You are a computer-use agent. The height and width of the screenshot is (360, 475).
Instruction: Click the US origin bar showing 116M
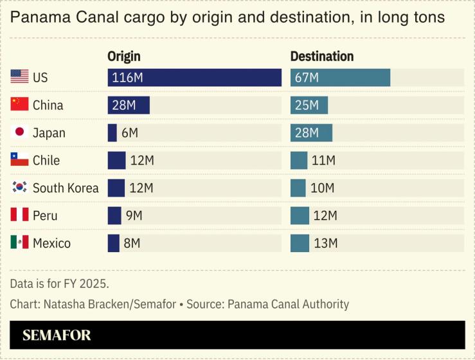194,78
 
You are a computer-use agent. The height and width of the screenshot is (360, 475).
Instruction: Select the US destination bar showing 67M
340,78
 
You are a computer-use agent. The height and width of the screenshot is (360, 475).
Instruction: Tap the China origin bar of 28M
129,105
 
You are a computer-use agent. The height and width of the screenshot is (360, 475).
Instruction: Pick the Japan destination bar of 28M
311,133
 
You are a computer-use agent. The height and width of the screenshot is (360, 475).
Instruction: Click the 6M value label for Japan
130,133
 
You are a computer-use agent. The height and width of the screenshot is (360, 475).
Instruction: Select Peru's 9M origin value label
134,216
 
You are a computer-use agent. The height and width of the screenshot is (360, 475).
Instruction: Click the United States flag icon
20,77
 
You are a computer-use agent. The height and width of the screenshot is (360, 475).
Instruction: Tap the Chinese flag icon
20,105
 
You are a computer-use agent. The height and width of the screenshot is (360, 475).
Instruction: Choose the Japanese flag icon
20,132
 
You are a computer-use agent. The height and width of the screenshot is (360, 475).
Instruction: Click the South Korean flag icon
20,188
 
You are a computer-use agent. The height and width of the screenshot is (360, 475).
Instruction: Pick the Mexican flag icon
20,243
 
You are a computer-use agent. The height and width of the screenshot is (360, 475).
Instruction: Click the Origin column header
123,57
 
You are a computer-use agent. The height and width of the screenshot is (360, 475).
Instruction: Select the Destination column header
322,57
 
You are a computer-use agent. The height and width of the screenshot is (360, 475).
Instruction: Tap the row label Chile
46,161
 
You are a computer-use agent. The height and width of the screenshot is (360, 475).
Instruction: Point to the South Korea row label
66,188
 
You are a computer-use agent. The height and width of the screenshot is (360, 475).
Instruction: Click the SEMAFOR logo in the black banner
57,336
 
